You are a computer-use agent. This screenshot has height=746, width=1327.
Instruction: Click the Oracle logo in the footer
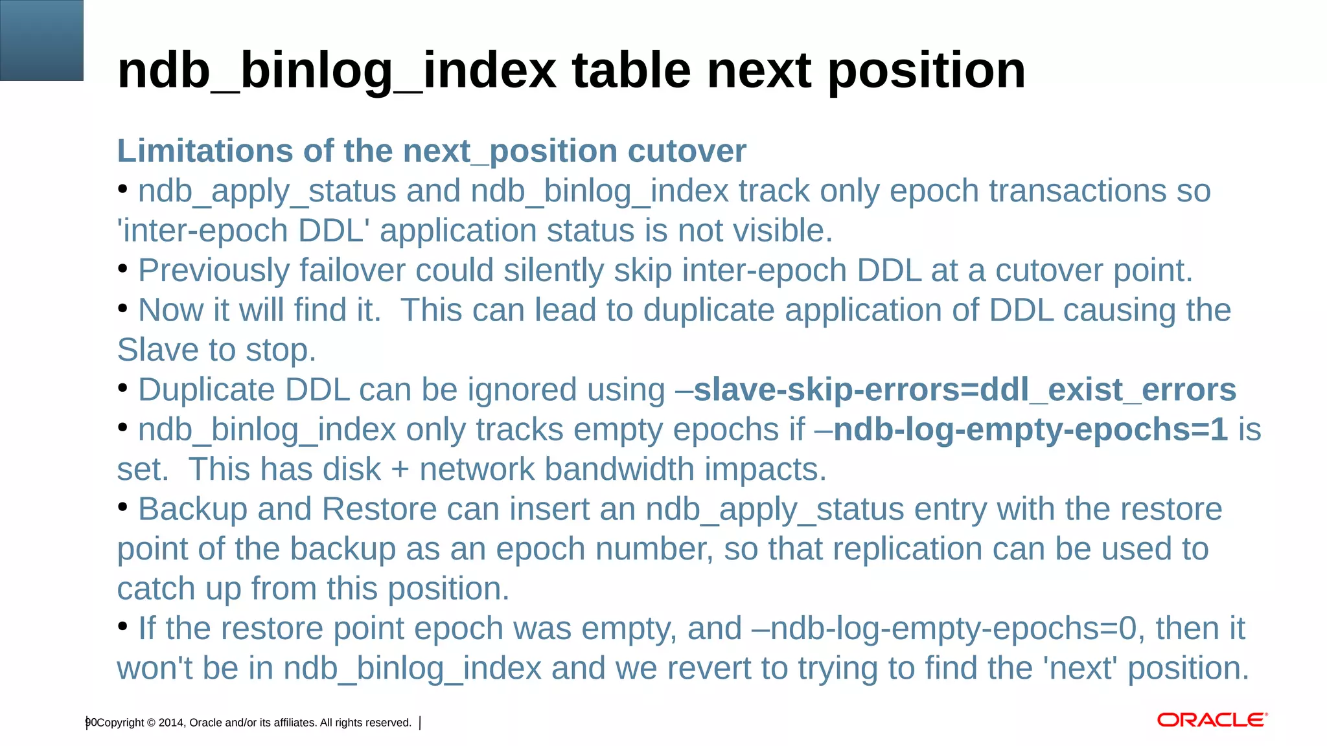1212,720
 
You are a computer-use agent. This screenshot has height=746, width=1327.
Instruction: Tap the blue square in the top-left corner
41,40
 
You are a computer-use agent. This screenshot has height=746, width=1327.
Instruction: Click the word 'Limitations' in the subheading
205,151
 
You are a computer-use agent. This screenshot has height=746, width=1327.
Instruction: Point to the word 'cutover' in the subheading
687,151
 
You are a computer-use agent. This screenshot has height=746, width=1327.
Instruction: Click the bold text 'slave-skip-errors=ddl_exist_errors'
965,390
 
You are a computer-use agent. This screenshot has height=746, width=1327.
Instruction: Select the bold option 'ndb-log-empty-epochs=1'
1030,430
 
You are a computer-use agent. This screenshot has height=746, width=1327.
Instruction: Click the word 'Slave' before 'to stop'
157,350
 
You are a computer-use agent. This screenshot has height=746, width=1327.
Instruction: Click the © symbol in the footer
151,723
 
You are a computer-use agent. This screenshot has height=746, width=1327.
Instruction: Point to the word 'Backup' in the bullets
192,510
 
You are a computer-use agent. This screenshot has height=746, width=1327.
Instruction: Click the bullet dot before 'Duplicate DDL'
123,388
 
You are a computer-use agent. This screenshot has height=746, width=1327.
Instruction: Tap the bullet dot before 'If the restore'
123,626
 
